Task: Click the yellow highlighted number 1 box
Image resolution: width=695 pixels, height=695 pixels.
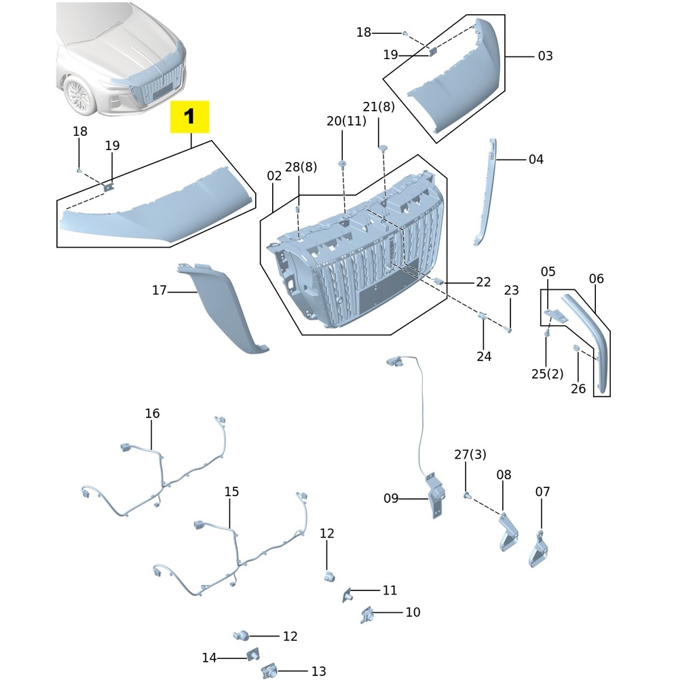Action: pyautogui.click(x=189, y=117)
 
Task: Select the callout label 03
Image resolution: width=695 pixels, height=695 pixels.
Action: pyautogui.click(x=545, y=56)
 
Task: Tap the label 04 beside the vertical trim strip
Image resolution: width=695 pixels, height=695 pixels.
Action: pyautogui.click(x=536, y=159)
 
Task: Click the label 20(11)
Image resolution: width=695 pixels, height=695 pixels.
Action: pyautogui.click(x=346, y=121)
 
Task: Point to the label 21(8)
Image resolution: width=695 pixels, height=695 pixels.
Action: pyautogui.click(x=378, y=107)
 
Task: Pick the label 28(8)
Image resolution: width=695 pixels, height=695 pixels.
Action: pyautogui.click(x=301, y=167)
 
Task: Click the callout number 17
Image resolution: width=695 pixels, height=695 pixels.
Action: pyautogui.click(x=159, y=290)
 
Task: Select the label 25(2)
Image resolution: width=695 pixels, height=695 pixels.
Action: pyautogui.click(x=547, y=374)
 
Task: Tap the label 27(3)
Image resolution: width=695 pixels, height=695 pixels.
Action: pyautogui.click(x=470, y=455)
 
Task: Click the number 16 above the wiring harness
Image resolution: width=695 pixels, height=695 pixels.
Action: pyautogui.click(x=152, y=413)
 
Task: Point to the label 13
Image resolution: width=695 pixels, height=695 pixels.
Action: pyautogui.click(x=318, y=671)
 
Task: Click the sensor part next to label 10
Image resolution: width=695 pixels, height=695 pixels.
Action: pyautogui.click(x=368, y=615)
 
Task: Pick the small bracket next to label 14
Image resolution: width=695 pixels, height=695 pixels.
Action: pyautogui.click(x=252, y=655)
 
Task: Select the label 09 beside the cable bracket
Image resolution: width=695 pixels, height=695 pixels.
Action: pyautogui.click(x=391, y=499)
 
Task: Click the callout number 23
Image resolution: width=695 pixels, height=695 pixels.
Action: pyautogui.click(x=511, y=290)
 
